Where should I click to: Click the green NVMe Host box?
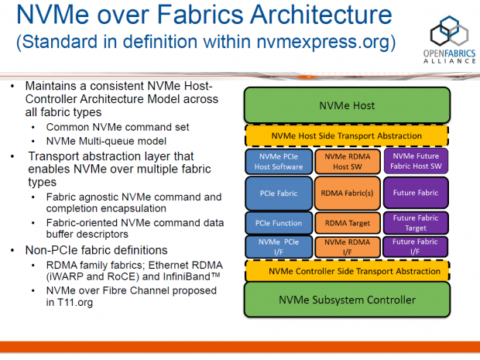pos(347,104)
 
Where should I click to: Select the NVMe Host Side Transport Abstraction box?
pos(347,135)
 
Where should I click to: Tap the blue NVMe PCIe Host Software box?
pos(277,161)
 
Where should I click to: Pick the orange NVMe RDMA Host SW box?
pos(347,161)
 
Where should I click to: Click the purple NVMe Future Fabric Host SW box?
pos(417,161)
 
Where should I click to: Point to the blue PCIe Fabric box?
pos(277,192)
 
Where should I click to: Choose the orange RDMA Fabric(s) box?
pos(347,192)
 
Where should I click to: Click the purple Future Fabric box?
pos(417,192)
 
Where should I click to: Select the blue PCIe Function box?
pos(277,223)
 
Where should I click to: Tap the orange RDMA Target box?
pos(347,223)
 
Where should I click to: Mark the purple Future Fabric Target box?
pos(417,223)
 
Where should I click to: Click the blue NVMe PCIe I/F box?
pos(277,247)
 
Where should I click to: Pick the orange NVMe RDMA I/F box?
pos(347,247)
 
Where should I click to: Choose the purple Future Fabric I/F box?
pos(417,247)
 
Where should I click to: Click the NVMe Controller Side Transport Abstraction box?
pos(347,271)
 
